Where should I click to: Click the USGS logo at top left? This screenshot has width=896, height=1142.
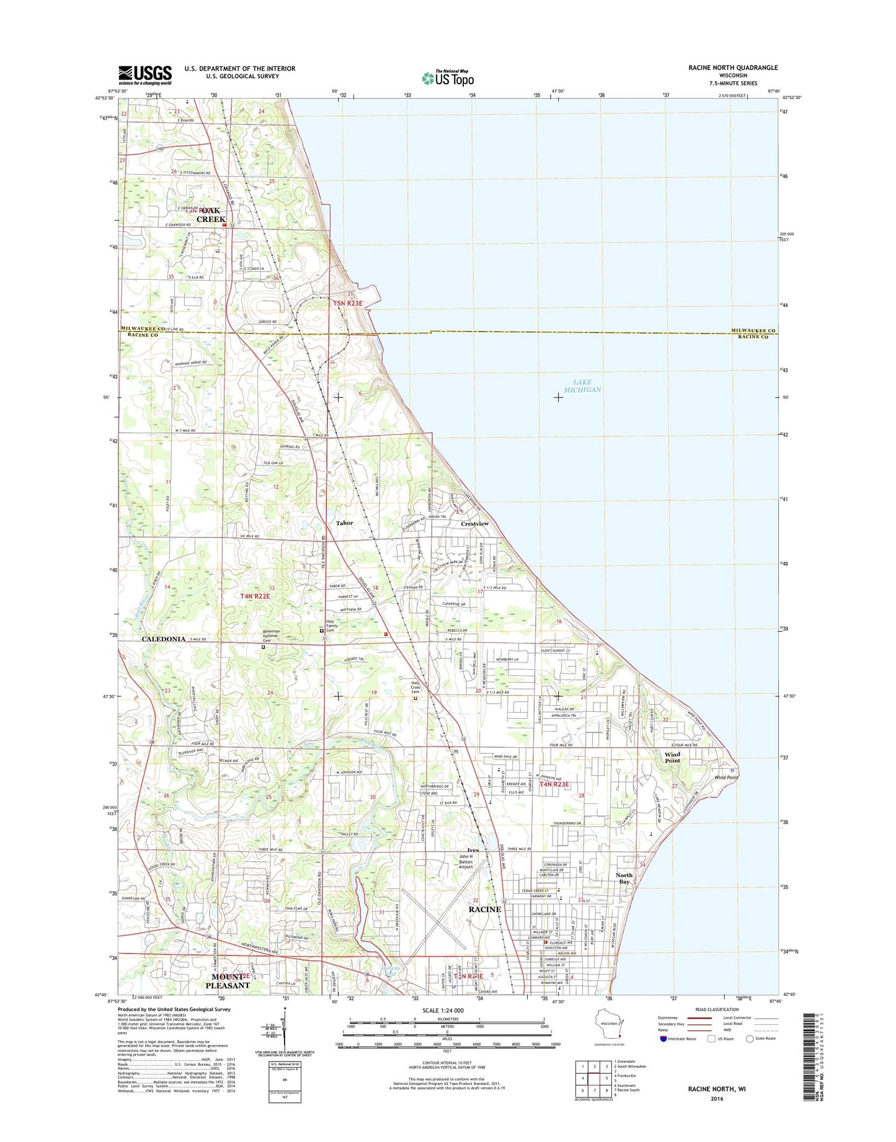point(145,75)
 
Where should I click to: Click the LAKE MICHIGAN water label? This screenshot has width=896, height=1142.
point(582,386)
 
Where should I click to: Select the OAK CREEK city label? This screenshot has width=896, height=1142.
point(211,215)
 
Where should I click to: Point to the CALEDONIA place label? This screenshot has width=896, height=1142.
point(164,639)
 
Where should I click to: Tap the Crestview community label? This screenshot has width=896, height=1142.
point(475,524)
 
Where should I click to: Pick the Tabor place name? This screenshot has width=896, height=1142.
point(344,523)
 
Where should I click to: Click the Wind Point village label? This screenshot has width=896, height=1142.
point(672,757)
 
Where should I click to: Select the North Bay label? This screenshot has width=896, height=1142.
point(624,879)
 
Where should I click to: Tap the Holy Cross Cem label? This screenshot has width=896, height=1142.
point(415,688)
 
